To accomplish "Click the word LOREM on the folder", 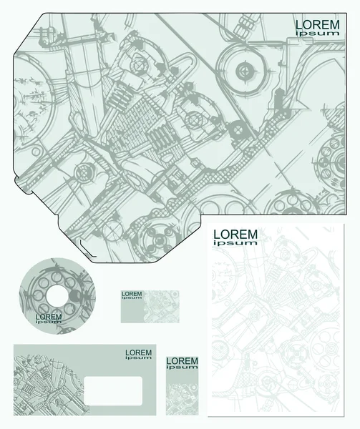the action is click(x=318, y=25).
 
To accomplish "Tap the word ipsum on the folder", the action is click(x=318, y=34).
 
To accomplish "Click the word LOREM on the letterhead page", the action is click(x=235, y=235).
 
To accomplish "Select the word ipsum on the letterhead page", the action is click(x=235, y=242).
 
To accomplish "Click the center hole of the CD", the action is click(x=57, y=296).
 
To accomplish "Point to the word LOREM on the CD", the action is click(x=49, y=317).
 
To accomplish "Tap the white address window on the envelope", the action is click(x=113, y=390).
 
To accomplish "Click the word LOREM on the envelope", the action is click(x=139, y=353).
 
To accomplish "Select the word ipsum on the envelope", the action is click(x=139, y=358).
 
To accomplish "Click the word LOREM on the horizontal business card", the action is click(x=132, y=294).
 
